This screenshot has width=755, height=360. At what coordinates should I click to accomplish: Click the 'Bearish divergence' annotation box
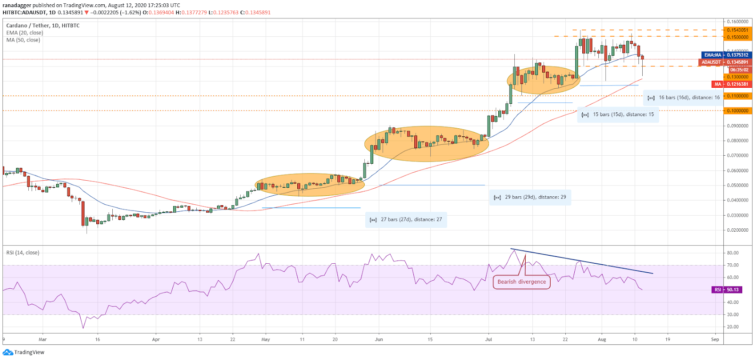click(521, 282)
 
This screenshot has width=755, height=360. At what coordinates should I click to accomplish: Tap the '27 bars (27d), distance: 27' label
click(406, 219)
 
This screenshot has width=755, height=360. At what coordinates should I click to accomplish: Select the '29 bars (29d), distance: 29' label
click(530, 197)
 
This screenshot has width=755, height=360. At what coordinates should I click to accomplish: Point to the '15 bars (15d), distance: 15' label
click(618, 114)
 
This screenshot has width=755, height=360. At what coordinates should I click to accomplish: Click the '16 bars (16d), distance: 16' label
click(684, 97)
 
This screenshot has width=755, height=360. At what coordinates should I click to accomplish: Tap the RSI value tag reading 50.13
click(727, 290)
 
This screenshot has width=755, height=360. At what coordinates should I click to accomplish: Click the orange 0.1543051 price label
click(737, 30)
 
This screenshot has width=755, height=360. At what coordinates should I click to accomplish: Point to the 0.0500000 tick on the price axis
click(737, 185)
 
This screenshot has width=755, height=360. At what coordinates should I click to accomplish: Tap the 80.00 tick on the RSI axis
click(732, 253)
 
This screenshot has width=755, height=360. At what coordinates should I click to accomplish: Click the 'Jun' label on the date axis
click(378, 339)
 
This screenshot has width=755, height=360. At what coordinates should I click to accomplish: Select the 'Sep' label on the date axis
click(715, 339)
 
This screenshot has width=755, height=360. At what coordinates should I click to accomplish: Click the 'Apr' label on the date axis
click(156, 339)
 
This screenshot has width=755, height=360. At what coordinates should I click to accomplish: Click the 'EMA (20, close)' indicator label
click(25, 33)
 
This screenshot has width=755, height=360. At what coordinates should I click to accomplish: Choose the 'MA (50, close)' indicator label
click(23, 40)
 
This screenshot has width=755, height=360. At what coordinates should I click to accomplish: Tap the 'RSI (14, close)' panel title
click(23, 252)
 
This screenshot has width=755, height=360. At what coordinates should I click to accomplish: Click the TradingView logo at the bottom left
click(24, 352)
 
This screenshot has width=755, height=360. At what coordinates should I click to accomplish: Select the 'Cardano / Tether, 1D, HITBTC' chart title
click(43, 25)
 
